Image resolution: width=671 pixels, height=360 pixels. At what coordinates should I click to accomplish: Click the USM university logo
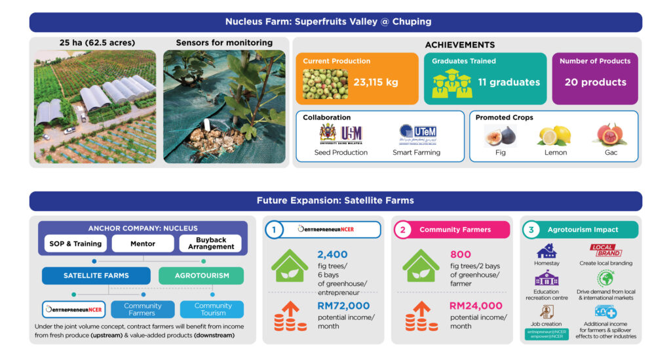coord(341,134)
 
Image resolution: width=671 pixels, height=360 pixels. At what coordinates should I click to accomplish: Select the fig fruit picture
coord(500,136)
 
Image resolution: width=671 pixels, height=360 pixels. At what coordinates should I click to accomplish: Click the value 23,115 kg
coord(375,83)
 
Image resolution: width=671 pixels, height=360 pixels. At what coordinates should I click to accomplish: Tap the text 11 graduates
coord(508,83)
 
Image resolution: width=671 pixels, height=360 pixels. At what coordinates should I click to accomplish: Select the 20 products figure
coord(595,83)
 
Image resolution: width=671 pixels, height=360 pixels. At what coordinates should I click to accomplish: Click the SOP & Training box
coord(75,244)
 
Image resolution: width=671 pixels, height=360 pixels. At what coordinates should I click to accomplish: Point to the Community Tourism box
coord(213,310)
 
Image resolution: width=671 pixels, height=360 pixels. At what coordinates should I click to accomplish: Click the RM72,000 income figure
coord(343,306)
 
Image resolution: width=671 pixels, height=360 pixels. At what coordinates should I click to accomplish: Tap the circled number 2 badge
coord(402,230)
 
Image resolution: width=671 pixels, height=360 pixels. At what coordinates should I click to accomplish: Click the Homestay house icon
coord(546,251)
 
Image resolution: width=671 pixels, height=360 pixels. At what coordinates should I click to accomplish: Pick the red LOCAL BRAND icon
coord(605,250)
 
